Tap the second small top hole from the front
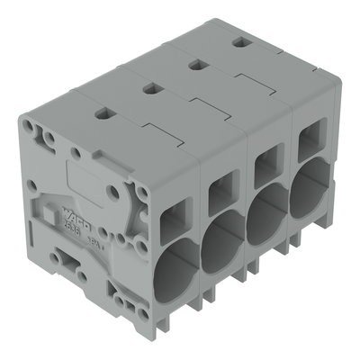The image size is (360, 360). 149,88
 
